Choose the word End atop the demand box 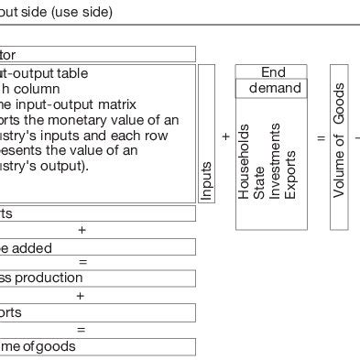point(273,72)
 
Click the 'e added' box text point(27,247)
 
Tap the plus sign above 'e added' point(82,230)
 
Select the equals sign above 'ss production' point(82,263)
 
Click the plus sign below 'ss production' point(82,296)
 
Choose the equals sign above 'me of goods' point(82,330)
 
